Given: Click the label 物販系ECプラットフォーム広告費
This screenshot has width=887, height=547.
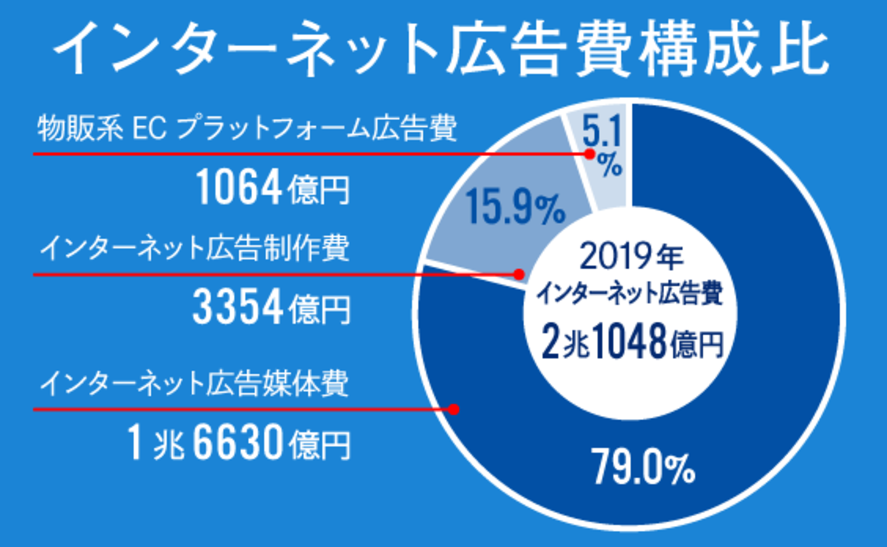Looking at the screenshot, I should (x=247, y=129).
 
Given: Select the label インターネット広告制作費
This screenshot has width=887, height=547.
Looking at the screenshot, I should (x=195, y=248).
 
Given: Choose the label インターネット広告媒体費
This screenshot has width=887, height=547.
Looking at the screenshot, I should (x=195, y=383).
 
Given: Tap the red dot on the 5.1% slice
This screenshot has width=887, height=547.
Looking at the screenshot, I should (x=589, y=154).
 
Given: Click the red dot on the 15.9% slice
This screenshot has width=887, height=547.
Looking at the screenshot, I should (x=519, y=274).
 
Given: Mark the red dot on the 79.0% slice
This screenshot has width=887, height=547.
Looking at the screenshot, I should (x=453, y=409).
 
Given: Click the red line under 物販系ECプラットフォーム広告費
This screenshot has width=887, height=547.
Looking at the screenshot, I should (x=266, y=154).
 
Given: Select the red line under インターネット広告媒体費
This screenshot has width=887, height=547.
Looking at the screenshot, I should (x=222, y=409).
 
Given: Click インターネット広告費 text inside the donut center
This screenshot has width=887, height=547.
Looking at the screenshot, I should (x=630, y=293).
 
